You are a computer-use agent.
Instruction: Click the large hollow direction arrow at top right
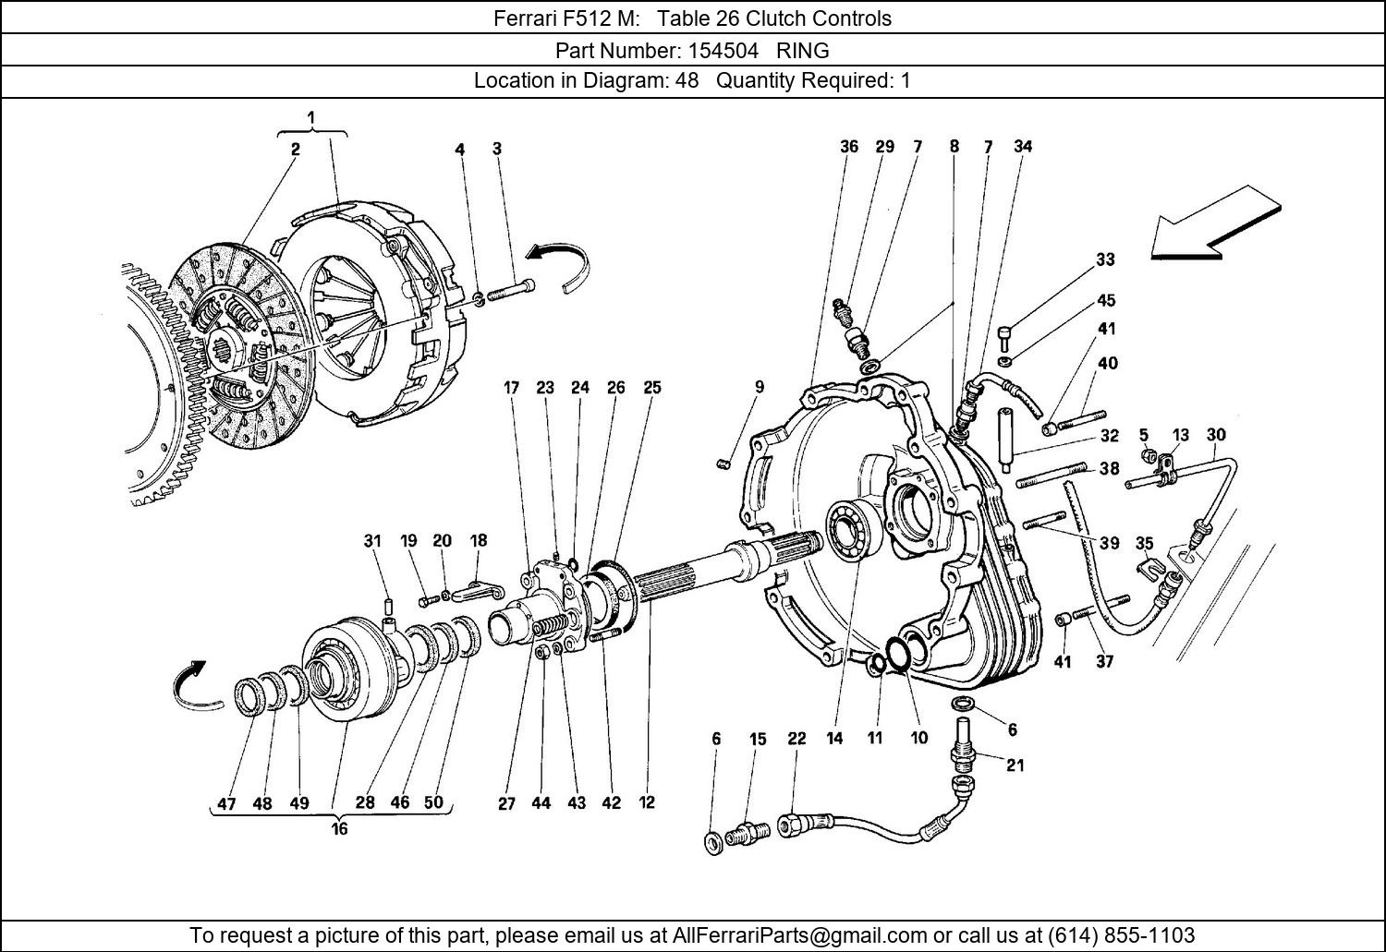point(1214,223)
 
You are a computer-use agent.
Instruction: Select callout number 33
point(1105,260)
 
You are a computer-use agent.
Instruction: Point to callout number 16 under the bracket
point(339,829)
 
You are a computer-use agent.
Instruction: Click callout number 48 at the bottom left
point(262,803)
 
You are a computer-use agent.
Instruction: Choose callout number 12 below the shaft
point(647,802)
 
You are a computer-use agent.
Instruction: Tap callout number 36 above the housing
point(849,146)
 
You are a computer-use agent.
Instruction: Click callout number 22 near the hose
point(796,739)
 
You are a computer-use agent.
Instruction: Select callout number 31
point(371,541)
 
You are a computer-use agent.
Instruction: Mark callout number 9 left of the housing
point(759,388)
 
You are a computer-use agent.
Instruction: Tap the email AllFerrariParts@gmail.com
point(799,934)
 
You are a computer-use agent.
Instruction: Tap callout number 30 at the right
point(1216,435)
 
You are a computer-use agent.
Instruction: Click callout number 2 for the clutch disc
point(295,149)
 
